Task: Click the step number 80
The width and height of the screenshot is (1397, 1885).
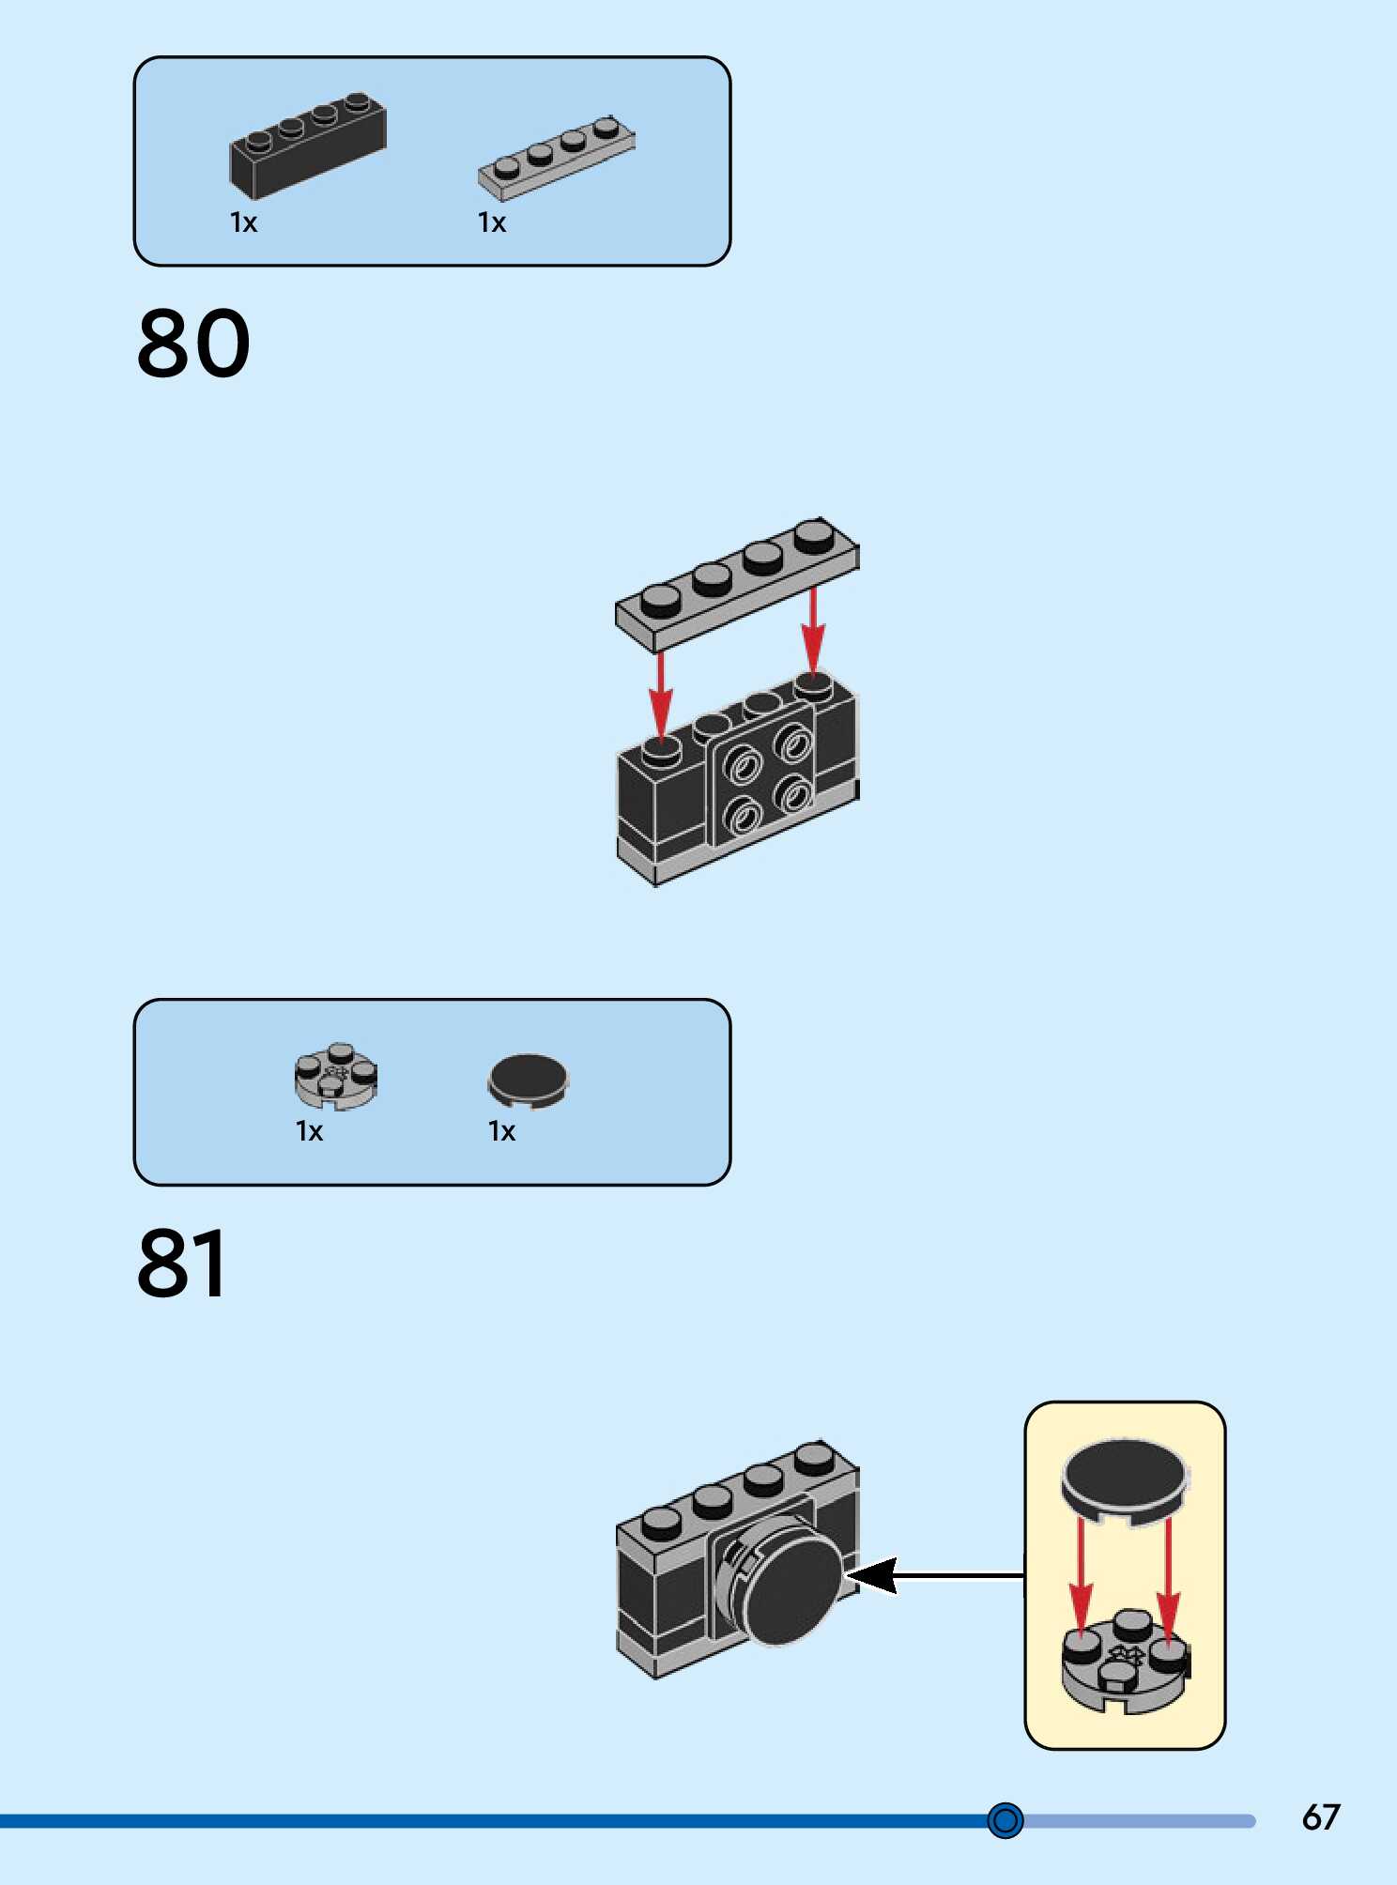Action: coord(194,344)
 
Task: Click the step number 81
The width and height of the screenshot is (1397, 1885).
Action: coord(182,1264)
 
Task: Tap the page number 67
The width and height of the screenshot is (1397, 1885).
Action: coord(1320,1817)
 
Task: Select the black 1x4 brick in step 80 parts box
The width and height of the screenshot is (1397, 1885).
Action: coord(308,146)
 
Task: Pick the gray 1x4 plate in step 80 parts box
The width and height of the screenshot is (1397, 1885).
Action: coord(557,159)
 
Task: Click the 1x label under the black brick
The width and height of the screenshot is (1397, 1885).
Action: coord(243,222)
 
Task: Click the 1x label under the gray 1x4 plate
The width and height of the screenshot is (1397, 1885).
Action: coord(492,222)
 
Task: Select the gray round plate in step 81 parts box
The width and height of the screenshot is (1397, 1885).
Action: coord(336,1076)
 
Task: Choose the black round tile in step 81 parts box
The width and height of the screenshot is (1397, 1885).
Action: coord(528,1080)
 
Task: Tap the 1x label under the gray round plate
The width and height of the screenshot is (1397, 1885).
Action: coord(309,1131)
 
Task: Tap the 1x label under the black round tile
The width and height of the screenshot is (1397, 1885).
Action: coord(501,1131)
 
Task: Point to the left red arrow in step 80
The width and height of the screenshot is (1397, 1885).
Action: coord(661,694)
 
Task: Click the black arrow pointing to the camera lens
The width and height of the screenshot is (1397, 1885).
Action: coord(935,1576)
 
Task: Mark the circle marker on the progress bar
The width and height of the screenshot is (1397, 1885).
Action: coord(1005,1821)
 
